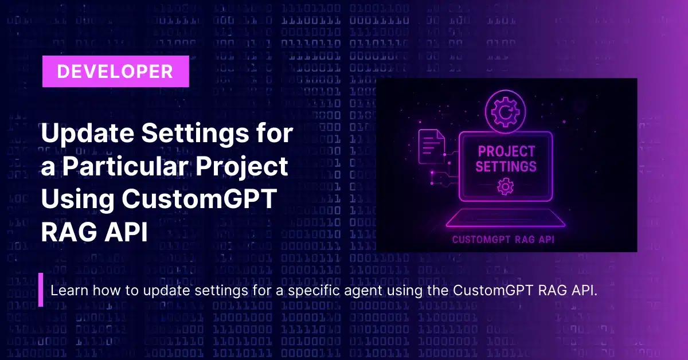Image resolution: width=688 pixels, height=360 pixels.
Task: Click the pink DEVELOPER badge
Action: coord(116,71)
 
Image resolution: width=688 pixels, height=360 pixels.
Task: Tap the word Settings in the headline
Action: coord(195,134)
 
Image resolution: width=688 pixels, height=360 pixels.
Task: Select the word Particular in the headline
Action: coord(126,166)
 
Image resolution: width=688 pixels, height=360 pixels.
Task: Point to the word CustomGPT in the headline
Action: coord(200,199)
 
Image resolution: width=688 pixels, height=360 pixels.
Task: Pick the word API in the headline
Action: coord(126,232)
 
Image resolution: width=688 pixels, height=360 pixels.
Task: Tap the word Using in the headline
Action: coord(78,200)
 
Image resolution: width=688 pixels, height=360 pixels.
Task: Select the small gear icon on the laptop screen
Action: coord(505,186)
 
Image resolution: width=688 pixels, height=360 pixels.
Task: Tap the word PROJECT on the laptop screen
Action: coord(506,151)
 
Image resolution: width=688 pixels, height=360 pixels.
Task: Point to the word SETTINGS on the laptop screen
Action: coord(506,166)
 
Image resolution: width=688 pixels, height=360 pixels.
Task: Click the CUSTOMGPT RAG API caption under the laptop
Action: coord(503,240)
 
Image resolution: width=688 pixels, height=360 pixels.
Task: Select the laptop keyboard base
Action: coord(506,218)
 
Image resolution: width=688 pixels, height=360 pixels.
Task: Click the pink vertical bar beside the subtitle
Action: coord(41,289)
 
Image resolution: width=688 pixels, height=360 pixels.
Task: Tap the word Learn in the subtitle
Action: coord(69,290)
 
